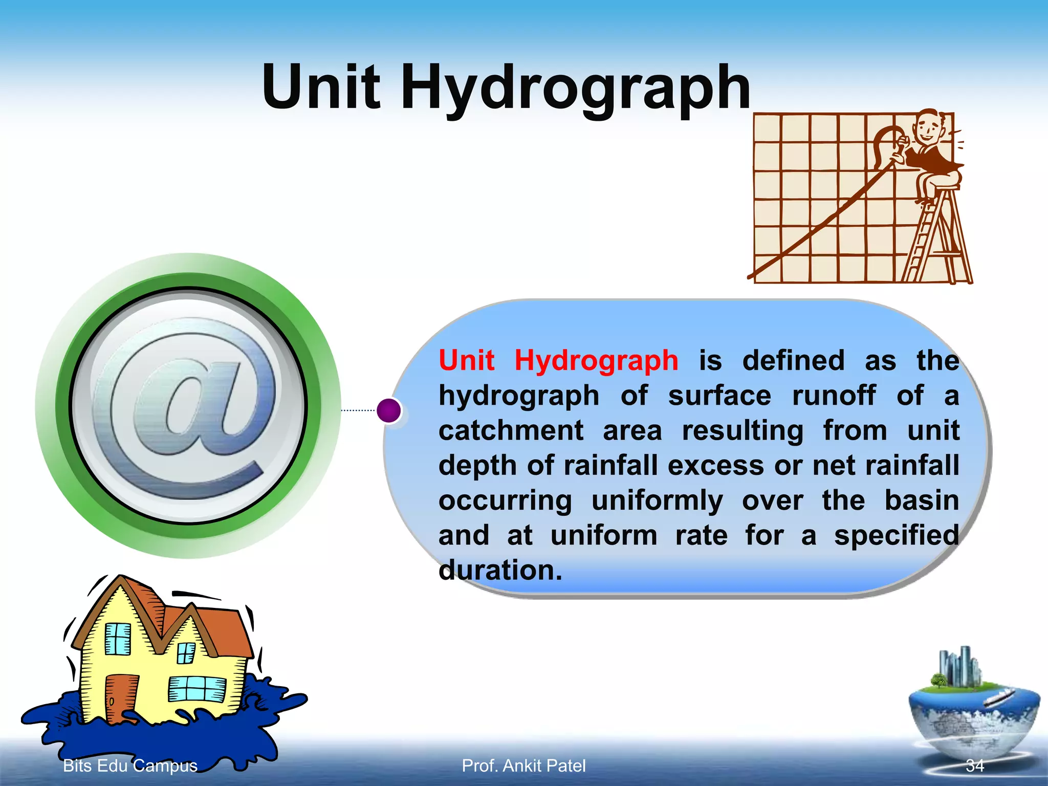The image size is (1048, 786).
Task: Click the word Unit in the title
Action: pyautogui.click(x=321, y=87)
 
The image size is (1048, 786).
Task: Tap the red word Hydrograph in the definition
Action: pyautogui.click(x=596, y=360)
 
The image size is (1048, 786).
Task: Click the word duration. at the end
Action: pyautogui.click(x=500, y=570)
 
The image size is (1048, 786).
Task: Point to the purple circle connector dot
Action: pyautogui.click(x=389, y=410)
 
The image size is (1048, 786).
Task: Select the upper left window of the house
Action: pyautogui.click(x=118, y=639)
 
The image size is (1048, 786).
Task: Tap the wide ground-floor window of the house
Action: pyautogui.click(x=197, y=688)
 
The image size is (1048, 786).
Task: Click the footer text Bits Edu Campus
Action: pyautogui.click(x=130, y=766)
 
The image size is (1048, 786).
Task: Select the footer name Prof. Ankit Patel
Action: pyautogui.click(x=523, y=766)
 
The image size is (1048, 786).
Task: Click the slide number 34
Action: pyautogui.click(x=974, y=766)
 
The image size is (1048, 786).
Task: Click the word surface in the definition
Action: pyautogui.click(x=719, y=396)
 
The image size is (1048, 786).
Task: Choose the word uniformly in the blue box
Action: pyautogui.click(x=657, y=500)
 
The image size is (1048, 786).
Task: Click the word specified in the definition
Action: pyautogui.click(x=897, y=535)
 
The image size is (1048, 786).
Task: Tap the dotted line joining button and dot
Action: pyautogui.click(x=358, y=410)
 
